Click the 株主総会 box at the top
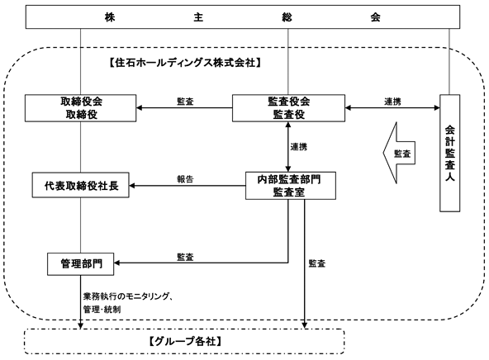click(243, 17)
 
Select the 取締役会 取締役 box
click(81, 108)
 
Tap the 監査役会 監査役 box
click(288, 108)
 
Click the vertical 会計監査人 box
click(449, 153)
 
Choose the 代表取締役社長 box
click(81, 185)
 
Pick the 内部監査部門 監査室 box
click(291, 186)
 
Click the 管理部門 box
click(80, 264)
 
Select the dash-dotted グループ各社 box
click(184, 341)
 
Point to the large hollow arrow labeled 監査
click(399, 153)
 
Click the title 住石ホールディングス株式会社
click(185, 63)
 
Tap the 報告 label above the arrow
click(185, 179)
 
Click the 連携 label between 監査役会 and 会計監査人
click(392, 102)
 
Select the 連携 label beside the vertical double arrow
click(299, 147)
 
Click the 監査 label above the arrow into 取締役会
click(185, 102)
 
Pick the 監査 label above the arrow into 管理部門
click(185, 257)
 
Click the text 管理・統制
click(102, 310)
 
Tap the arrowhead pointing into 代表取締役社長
click(132, 186)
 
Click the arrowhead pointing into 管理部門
click(116, 263)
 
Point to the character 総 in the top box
click(287, 17)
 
